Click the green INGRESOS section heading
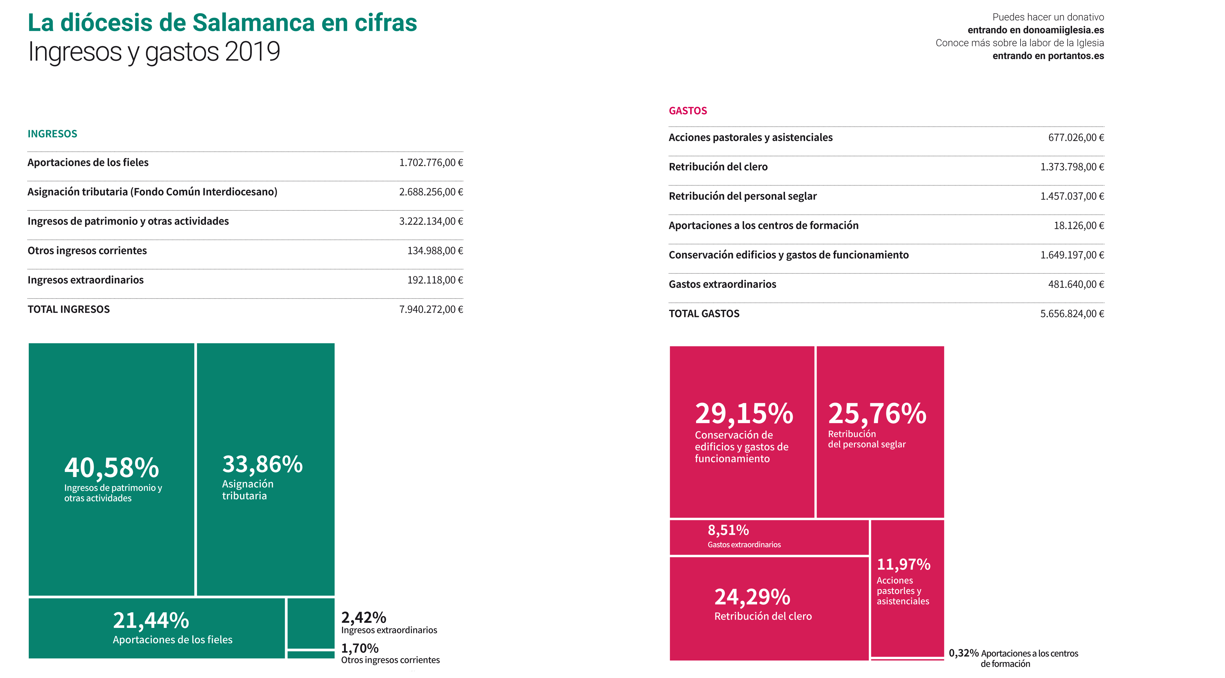(52, 134)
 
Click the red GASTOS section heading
(688, 111)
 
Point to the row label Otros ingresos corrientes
(87, 251)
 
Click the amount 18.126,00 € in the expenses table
(1079, 226)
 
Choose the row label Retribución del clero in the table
(718, 167)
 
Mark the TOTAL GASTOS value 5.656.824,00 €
(1072, 314)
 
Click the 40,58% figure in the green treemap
(112, 468)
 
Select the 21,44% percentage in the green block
(151, 620)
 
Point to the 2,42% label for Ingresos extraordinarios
(363, 618)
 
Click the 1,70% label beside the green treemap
(359, 648)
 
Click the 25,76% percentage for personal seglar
(877, 414)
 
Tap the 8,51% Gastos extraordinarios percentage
(728, 530)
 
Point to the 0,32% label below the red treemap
(963, 653)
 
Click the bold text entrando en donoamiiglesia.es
(1036, 30)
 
